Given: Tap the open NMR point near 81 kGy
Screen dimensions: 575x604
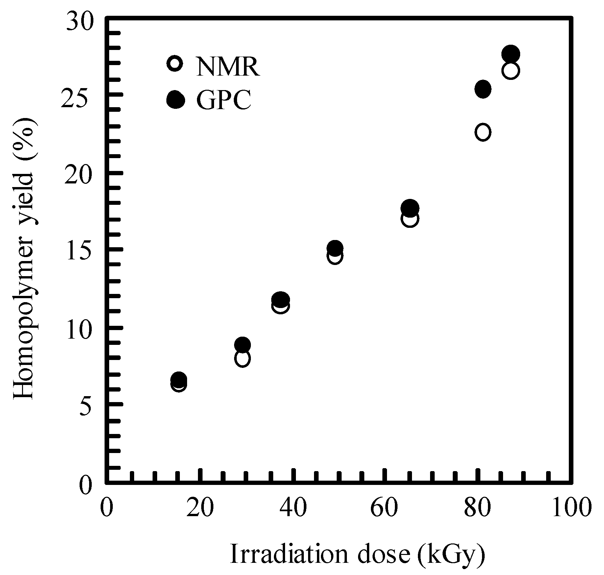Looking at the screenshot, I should coord(483,132).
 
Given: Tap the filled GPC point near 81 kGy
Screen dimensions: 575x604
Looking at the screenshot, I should coord(483,89).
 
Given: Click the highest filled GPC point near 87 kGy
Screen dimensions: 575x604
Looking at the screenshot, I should coord(510,54).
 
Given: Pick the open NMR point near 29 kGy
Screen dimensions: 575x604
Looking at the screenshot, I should coord(242,358).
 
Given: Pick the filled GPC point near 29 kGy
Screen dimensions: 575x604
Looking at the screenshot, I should coord(242,345).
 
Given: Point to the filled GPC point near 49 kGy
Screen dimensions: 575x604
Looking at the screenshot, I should coord(335,248).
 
